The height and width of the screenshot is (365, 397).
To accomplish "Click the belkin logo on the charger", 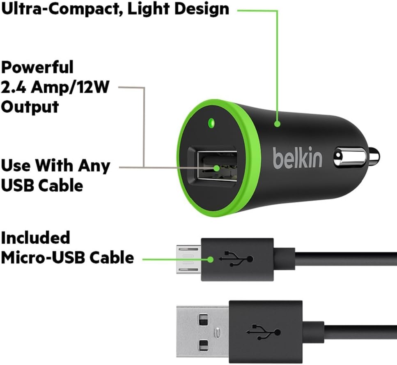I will [298, 158].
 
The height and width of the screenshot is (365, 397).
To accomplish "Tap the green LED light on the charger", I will [212, 122].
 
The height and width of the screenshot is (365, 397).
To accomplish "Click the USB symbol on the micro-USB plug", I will [236, 259].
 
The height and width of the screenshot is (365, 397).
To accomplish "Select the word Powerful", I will [37, 67].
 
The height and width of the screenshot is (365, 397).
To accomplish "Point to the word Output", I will [30, 106].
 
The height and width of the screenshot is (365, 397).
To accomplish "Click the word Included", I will [36, 238].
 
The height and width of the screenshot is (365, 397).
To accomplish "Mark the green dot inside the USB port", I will [217, 168].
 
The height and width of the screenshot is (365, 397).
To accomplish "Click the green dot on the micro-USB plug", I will [211, 260].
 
